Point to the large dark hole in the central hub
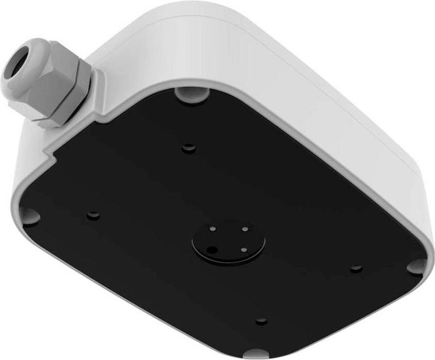click(212, 248)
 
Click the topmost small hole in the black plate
click(188, 147)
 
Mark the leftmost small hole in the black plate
click(92, 215)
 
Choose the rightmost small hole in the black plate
click(356, 268)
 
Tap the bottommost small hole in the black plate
click(260, 321)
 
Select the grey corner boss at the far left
click(29, 214)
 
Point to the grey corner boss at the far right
click(416, 266)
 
